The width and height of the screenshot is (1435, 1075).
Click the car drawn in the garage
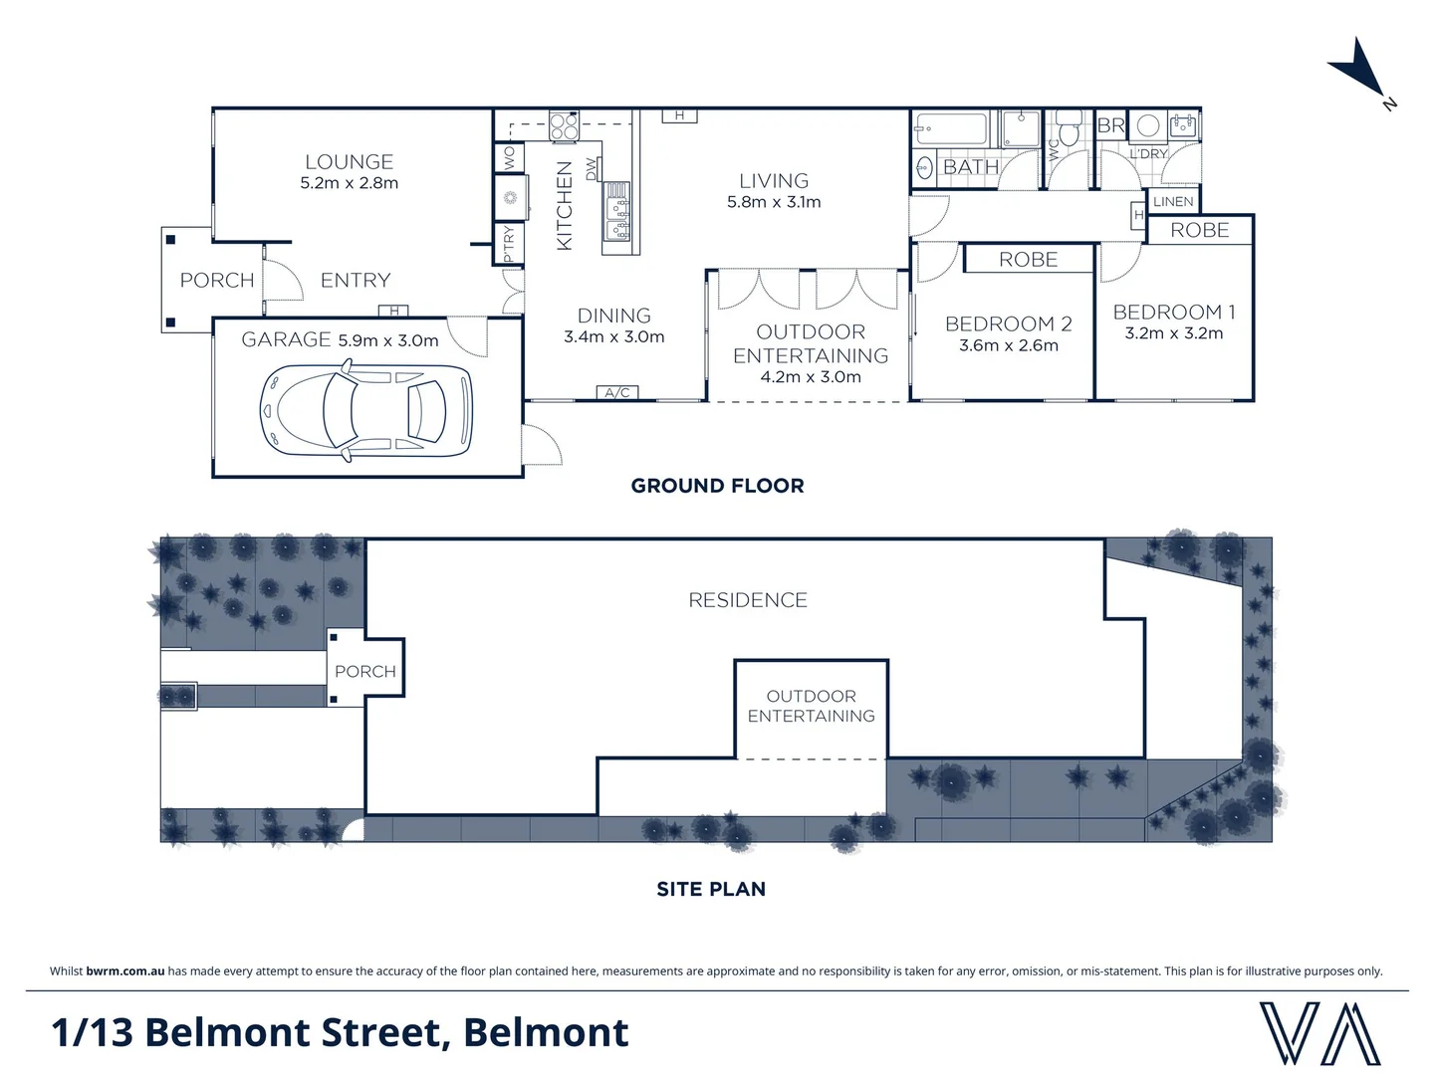pos(365,412)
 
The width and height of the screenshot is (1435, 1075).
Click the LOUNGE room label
pos(349,161)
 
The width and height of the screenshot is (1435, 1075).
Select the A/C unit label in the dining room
pos(617,392)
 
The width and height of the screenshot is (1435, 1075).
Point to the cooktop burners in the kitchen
pos(564,126)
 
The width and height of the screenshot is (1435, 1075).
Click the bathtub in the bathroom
pos(950,128)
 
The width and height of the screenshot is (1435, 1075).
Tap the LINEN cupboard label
pos(1173,201)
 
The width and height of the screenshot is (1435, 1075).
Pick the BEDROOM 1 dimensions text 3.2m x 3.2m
pos(1173,333)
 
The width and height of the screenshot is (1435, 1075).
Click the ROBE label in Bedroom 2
pos(1028,260)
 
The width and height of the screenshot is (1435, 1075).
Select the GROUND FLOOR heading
pos(717,486)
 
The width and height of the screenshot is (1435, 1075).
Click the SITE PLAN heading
pos(711,889)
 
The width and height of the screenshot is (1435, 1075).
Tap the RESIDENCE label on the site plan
pos(748,600)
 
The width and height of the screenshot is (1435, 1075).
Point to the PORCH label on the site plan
pos(364,672)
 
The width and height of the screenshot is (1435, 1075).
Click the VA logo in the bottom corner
pos(1318,1033)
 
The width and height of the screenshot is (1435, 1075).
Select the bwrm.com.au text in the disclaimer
pos(125,971)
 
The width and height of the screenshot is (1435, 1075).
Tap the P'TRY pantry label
pos(509,243)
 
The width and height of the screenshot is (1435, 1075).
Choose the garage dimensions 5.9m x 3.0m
pos(387,340)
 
